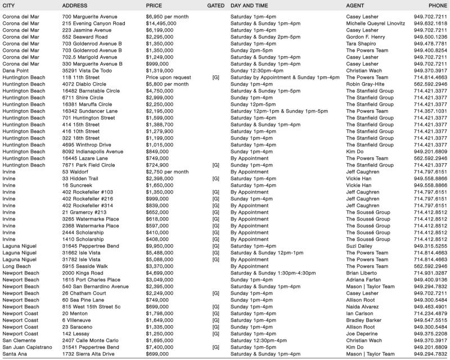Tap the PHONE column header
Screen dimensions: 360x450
coord(438,5)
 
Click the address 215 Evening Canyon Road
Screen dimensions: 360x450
coord(93,24)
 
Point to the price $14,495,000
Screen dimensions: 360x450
coord(162,24)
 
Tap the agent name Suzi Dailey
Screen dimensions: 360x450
coord(361,246)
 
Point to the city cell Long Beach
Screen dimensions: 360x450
coord(18,266)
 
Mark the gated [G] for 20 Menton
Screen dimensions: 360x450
coord(215,313)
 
